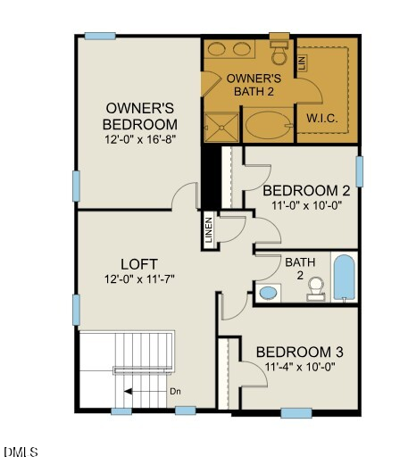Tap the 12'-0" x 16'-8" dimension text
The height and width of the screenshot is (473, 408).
click(140, 139)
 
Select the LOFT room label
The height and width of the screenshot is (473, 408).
click(139, 264)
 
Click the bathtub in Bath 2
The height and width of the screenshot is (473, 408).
click(344, 277)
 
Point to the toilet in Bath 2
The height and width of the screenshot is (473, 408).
click(315, 287)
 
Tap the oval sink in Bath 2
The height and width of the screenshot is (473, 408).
click(268, 292)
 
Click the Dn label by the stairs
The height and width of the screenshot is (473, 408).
click(176, 391)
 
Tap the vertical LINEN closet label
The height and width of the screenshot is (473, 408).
click(209, 230)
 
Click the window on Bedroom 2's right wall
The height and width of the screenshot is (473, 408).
click(359, 170)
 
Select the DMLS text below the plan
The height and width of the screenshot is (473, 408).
click(21, 452)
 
